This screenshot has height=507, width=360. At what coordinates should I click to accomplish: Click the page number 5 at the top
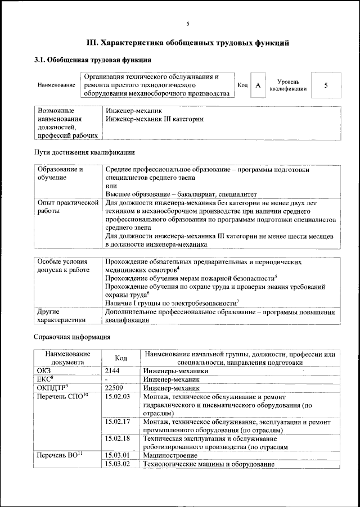(188, 24)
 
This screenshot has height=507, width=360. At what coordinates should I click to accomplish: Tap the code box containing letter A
(258, 85)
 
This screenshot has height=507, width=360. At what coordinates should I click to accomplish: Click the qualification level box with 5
(326, 85)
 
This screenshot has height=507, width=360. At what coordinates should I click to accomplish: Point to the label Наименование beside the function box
(56, 85)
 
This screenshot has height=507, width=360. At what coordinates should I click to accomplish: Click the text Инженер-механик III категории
(154, 119)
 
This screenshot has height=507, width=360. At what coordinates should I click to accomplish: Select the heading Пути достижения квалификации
(84, 152)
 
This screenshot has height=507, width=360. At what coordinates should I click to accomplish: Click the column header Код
(121, 358)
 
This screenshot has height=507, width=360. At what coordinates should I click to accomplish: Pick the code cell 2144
(114, 371)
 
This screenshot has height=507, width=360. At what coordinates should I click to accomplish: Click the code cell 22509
(115, 388)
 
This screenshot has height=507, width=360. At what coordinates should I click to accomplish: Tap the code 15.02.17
(118, 422)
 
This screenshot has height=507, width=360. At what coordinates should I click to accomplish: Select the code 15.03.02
(118, 464)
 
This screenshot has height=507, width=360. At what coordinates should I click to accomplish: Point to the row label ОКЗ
(44, 371)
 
